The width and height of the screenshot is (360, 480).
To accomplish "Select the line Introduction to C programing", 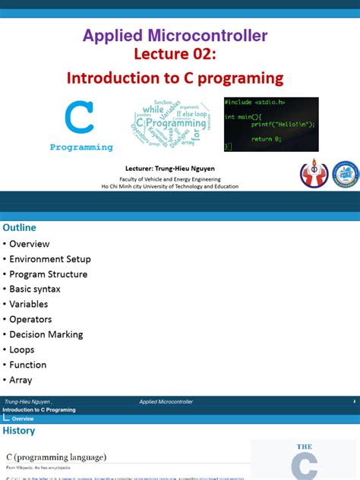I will click(x=175, y=78).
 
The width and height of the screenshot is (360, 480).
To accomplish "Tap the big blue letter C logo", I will click(x=80, y=118).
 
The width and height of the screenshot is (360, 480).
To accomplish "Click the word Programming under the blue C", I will click(x=81, y=147).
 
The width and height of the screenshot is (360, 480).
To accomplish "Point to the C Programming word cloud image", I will click(x=169, y=124).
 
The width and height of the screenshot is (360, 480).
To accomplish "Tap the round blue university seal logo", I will click(x=345, y=174).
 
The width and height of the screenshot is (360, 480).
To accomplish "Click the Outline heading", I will click(x=19, y=228).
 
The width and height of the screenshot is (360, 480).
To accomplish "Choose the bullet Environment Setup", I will click(x=49, y=259).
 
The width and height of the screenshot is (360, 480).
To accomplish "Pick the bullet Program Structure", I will click(x=48, y=274).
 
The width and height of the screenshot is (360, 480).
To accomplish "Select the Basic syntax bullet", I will click(x=35, y=289).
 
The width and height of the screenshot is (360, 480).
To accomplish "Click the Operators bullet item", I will click(x=30, y=320).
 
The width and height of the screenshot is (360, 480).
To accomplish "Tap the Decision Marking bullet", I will click(x=46, y=335).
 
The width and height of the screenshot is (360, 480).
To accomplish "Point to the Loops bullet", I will click(x=22, y=350).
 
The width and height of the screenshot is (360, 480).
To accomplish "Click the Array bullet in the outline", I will click(x=21, y=381).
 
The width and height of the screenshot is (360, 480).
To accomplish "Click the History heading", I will click(x=19, y=431).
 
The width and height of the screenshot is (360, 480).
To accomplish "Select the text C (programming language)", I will click(x=56, y=457).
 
